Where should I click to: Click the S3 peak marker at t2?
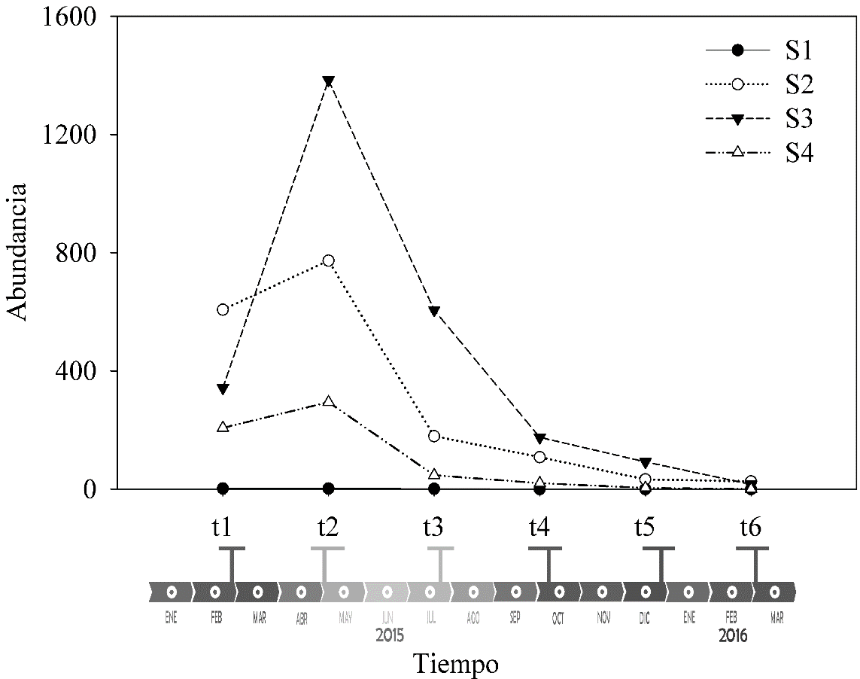[x=328, y=81]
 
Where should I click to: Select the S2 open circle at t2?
[x=328, y=260]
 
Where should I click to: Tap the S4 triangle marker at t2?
[x=328, y=401]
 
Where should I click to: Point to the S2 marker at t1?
[x=223, y=309]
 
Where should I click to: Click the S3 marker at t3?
[x=434, y=311]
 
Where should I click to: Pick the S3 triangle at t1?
[x=223, y=388]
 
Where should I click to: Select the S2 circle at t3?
[x=434, y=436]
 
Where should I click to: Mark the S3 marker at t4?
[x=539, y=438]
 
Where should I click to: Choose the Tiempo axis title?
[x=455, y=664]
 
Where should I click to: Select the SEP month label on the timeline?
[x=515, y=619]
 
